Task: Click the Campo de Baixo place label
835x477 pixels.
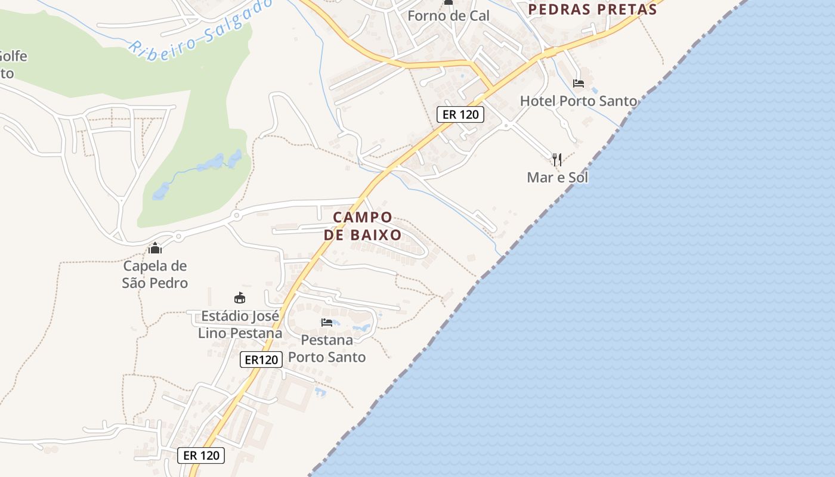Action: coord(363,226)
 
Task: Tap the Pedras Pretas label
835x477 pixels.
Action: coord(592,9)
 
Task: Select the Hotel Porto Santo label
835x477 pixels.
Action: coord(579,101)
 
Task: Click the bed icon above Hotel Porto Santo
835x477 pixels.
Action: coord(578,83)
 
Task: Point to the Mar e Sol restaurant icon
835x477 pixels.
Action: coord(556,159)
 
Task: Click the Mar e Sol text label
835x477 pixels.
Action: coord(557,177)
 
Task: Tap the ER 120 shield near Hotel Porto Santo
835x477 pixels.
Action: coord(460,114)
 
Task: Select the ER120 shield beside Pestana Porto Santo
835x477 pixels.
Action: coord(261,360)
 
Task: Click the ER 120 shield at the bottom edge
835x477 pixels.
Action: coord(202,456)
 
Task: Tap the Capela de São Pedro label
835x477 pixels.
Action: coord(155,274)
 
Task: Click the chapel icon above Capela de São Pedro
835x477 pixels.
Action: coord(155,248)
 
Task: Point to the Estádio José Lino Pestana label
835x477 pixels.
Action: coord(240,324)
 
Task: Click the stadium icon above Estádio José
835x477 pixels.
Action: coord(240,298)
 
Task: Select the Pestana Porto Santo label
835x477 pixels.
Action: coord(327,348)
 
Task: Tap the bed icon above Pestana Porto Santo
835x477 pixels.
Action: coord(326,323)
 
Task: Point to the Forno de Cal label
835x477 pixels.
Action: coord(448,16)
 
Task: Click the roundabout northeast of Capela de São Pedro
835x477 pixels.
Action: coord(237,215)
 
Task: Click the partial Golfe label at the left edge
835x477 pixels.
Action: coord(12,64)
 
